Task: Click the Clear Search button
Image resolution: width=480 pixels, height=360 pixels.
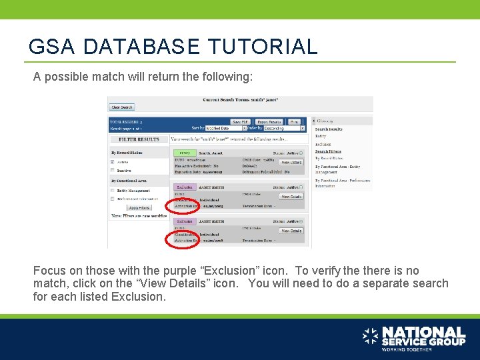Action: point(122,107)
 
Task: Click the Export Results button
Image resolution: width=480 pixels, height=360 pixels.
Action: point(269,122)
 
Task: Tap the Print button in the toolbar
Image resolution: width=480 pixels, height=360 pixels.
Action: point(295,122)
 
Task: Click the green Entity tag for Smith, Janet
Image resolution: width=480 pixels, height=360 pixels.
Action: point(185,153)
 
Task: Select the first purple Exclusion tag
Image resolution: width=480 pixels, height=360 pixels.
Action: point(185,188)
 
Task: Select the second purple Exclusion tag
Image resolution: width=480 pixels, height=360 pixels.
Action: point(185,221)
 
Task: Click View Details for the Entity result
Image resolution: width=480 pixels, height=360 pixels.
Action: point(291,162)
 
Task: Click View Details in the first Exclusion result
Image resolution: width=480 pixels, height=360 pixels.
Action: point(291,197)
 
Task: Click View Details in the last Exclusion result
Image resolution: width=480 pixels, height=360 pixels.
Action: point(291,231)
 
